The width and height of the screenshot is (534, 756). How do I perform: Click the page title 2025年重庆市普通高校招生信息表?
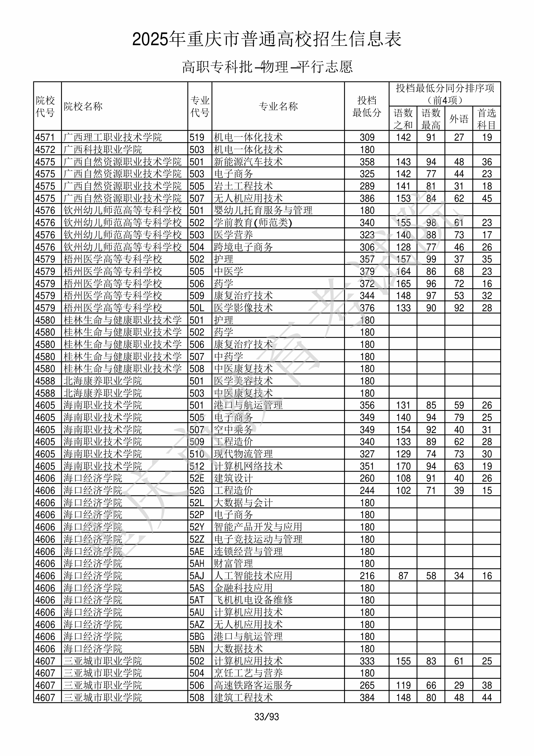point(267,40)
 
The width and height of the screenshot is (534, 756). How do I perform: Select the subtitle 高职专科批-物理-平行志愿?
point(267,67)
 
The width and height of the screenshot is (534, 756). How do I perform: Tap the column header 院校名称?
point(83,106)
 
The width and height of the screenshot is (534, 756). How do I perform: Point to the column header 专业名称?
point(278,106)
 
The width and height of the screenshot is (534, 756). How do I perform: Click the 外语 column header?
point(459,119)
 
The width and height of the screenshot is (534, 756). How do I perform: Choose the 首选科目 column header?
point(487,119)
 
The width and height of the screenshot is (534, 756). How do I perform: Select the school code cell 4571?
point(45,137)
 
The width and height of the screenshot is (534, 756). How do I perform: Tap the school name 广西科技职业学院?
point(103,149)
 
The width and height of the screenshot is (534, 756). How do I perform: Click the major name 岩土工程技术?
point(243,186)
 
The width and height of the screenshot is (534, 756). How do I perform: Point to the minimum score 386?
point(367,198)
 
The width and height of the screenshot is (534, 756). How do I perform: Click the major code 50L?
point(197,308)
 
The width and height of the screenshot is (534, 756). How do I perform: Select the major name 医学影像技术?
point(243,308)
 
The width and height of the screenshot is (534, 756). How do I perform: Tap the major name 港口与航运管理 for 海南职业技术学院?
point(248,405)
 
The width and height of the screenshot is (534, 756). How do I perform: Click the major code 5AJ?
point(197,576)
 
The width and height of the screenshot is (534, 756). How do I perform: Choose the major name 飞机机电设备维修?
point(253,600)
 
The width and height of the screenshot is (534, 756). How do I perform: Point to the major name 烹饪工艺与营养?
point(248,673)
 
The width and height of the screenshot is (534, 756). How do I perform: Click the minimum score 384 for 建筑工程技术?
point(367,697)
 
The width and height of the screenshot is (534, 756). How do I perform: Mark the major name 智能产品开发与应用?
point(258,527)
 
